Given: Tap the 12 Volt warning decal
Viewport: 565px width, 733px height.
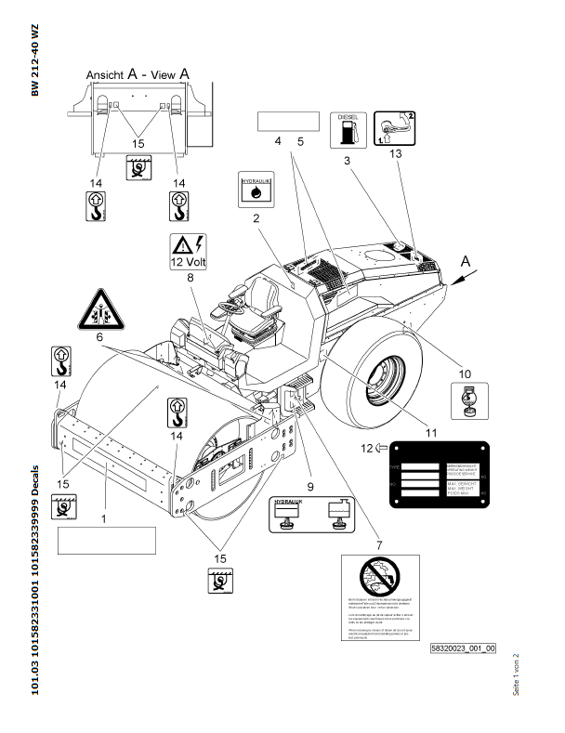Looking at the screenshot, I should tap(189, 251).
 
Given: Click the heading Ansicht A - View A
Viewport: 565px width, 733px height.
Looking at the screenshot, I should tap(138, 73).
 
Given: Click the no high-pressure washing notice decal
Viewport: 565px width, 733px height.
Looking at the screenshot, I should tap(380, 599).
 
